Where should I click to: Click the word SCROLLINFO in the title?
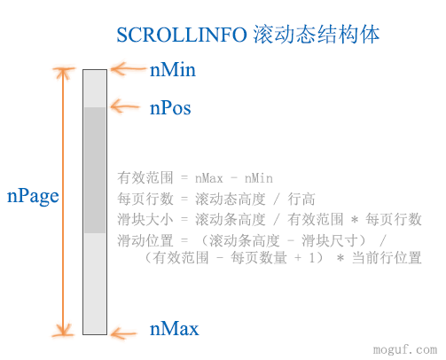click(x=182, y=35)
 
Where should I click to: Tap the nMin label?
click(x=173, y=70)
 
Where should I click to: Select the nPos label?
click(x=170, y=108)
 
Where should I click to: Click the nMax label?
click(x=175, y=328)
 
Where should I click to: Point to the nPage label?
click(x=33, y=197)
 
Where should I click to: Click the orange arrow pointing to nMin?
click(x=129, y=69)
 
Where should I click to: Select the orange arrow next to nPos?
click(x=125, y=106)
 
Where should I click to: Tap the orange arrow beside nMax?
click(x=123, y=333)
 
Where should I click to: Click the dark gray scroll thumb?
click(x=95, y=170)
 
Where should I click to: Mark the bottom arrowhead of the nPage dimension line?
click(x=63, y=331)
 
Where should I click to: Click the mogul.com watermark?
click(x=405, y=349)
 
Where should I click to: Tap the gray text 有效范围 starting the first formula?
click(x=145, y=178)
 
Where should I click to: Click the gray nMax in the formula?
click(x=209, y=178)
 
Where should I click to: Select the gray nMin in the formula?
click(x=259, y=178)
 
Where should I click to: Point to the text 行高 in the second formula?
click(x=301, y=199)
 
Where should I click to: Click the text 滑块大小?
click(x=145, y=220)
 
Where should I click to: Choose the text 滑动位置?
click(x=145, y=240)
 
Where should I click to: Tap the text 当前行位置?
click(x=387, y=258)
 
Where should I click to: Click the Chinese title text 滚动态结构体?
click(x=317, y=35)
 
